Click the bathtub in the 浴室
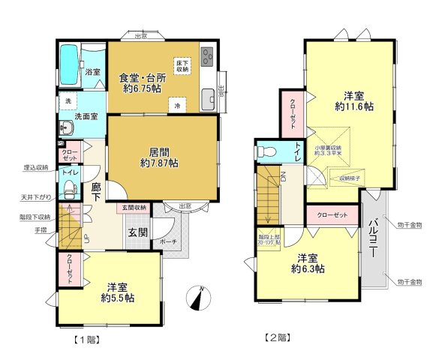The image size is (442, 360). (69, 65)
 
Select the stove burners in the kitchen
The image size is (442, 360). (207, 55)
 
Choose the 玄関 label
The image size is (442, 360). (137, 232)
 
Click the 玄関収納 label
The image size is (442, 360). (134, 207)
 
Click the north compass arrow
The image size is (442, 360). (198, 298)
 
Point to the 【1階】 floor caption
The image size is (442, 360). (87, 339)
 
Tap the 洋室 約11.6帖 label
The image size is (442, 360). (354, 100)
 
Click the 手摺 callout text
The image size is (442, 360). (40, 229)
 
